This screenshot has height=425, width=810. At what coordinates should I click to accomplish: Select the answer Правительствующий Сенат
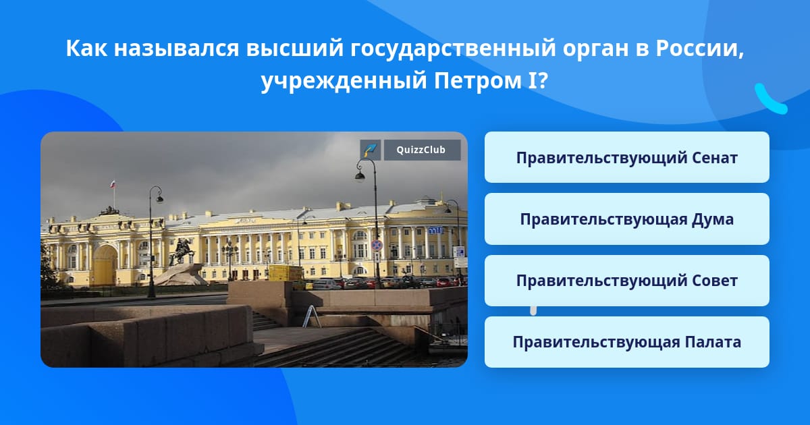tap(626, 158)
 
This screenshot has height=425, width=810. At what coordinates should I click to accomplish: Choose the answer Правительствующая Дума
tap(626, 219)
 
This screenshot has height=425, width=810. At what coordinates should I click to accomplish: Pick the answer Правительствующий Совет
tap(626, 281)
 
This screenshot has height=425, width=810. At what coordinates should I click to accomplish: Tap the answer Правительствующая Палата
tap(626, 342)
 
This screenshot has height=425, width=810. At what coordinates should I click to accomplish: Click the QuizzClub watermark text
tap(421, 150)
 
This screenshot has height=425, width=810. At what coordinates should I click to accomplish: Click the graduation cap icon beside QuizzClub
tap(370, 150)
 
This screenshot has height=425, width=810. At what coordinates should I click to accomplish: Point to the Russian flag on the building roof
tap(113, 183)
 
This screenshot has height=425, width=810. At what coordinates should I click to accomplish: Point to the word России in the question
tap(700, 48)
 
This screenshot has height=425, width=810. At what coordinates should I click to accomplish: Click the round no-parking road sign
tap(377, 245)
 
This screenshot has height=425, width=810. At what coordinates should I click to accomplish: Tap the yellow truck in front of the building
tap(286, 273)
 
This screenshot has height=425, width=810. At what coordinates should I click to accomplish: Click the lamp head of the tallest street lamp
tap(360, 176)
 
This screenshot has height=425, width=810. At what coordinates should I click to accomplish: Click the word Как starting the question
tap(86, 49)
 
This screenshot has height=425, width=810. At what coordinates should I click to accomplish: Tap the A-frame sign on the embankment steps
tap(312, 316)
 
